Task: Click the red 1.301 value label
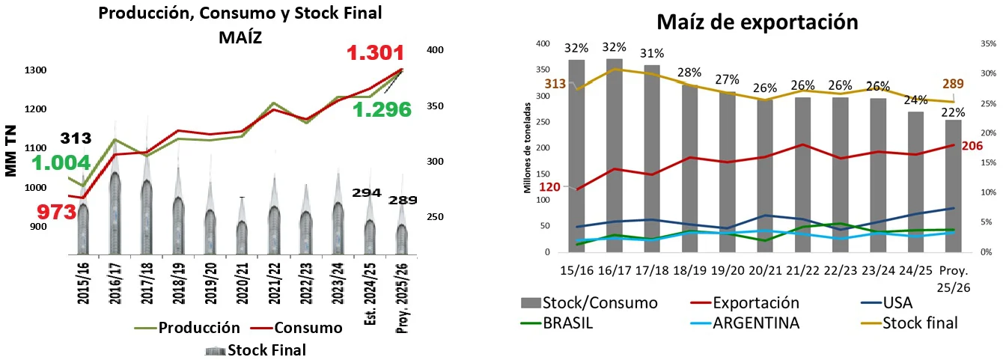(375, 53)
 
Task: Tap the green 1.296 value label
(382, 110)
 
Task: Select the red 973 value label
(56, 212)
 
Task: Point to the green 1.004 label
(61, 163)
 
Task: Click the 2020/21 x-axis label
(243, 283)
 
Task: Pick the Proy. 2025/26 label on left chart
(402, 298)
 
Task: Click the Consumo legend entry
(296, 328)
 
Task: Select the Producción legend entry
(187, 328)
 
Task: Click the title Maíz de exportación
(757, 22)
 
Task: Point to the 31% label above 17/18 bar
(652, 53)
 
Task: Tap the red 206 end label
(972, 146)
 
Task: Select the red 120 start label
(549, 186)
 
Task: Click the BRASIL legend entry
(557, 323)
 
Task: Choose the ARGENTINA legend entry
(745, 323)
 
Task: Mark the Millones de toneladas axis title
(527, 147)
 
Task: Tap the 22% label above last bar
(953, 112)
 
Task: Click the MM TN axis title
(10, 151)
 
